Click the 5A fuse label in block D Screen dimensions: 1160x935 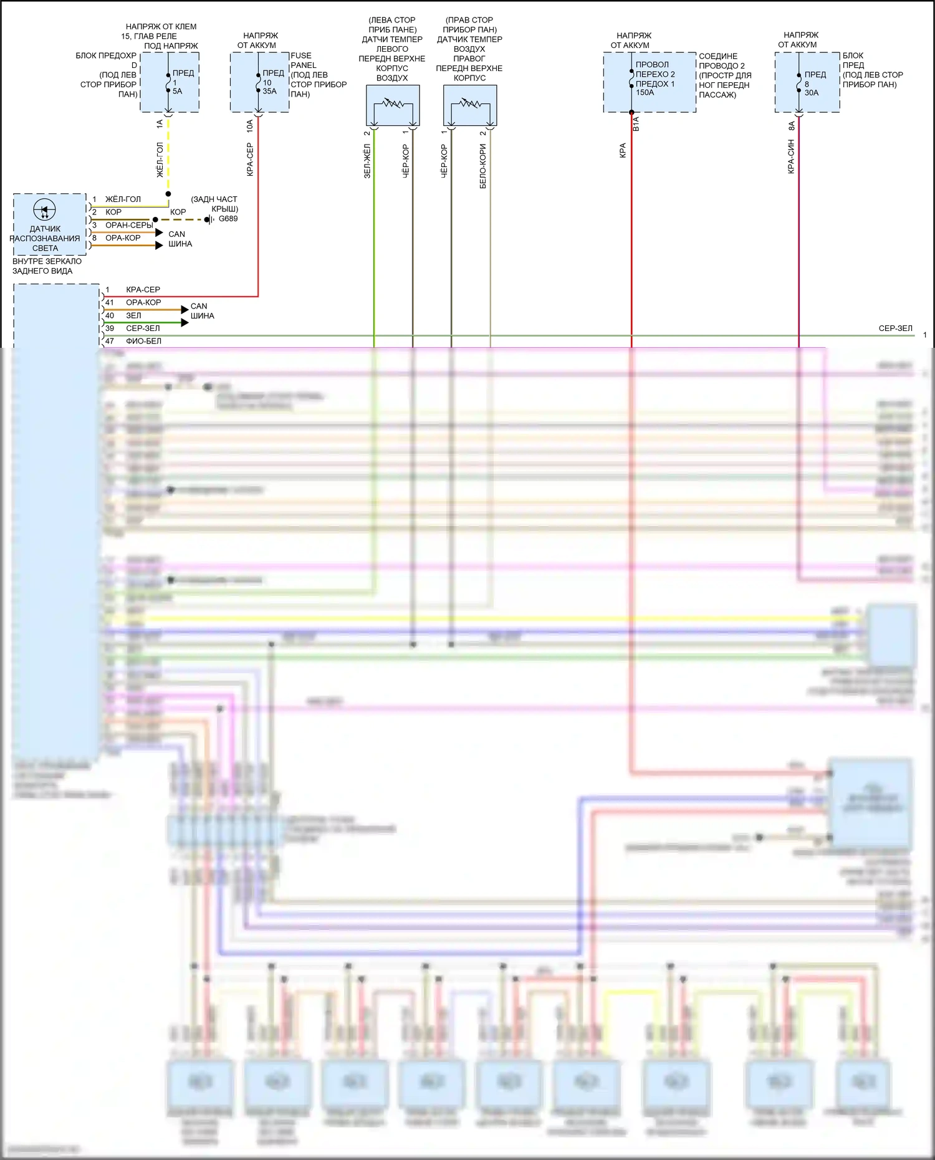pos(177,91)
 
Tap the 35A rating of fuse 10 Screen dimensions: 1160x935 pos(269,91)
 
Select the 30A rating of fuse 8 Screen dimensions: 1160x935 pos(811,92)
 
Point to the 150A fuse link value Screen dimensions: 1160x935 pos(645,92)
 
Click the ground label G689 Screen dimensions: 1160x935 pos(228,219)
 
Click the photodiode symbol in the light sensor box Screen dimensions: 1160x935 pos(44,210)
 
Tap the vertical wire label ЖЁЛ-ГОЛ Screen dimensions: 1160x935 pos(160,160)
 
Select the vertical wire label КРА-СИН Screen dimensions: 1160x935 pos(791,156)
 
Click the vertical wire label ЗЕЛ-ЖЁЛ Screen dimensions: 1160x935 pos(367,161)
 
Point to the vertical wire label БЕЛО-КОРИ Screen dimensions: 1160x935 pos(483,166)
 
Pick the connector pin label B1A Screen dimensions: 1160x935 pos(636,124)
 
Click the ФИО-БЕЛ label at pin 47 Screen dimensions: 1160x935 pos(143,341)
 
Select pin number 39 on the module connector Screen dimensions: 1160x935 pos(110,328)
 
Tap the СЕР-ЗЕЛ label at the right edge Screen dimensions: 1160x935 pos(895,328)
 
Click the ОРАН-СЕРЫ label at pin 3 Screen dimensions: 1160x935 pos(128,225)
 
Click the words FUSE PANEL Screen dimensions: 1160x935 pos(303,60)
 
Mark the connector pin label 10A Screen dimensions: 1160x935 pos(250,126)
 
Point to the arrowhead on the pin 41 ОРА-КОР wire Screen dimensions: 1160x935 pos(185,309)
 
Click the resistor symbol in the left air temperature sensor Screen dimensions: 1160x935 pos(392,103)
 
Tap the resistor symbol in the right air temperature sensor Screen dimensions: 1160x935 pos(470,103)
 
